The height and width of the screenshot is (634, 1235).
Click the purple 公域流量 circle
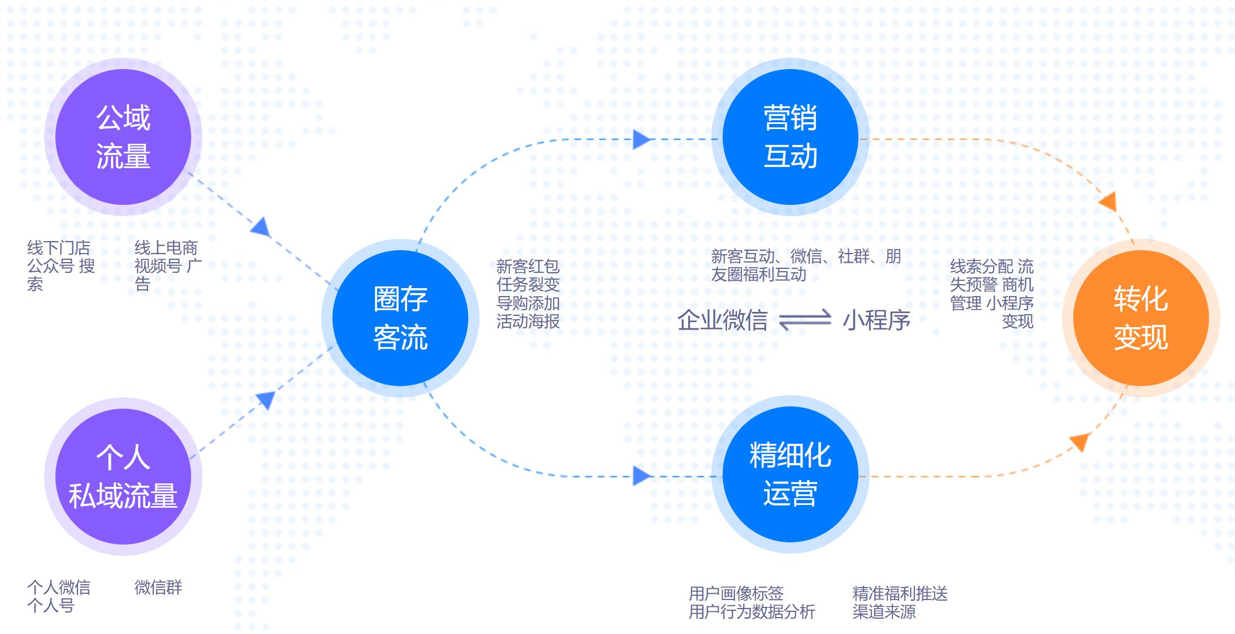pyautogui.click(x=123, y=137)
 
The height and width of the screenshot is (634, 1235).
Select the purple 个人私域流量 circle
pyautogui.click(x=123, y=477)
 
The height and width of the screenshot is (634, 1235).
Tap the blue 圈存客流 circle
pyautogui.click(x=400, y=318)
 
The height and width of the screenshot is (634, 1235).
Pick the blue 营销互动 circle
pyautogui.click(x=791, y=137)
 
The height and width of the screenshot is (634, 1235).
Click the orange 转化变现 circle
pyautogui.click(x=1141, y=318)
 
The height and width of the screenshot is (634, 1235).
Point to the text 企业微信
pyautogui.click(x=722, y=320)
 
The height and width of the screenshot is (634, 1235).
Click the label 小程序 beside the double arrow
pyautogui.click(x=876, y=320)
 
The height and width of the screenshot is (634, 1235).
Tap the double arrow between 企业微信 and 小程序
pyautogui.click(x=805, y=320)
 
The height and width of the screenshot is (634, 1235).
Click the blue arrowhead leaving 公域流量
pyautogui.click(x=261, y=227)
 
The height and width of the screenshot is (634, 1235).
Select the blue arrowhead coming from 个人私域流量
pyautogui.click(x=266, y=400)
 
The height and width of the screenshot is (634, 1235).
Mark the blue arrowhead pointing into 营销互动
pyautogui.click(x=642, y=139)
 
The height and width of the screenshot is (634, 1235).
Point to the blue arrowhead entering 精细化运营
pyautogui.click(x=642, y=476)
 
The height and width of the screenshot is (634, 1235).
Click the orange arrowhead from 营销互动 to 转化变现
pyautogui.click(x=1108, y=202)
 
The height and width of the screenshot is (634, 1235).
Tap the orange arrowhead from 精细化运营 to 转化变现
pyautogui.click(x=1081, y=441)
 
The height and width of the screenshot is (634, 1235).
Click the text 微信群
pyautogui.click(x=158, y=588)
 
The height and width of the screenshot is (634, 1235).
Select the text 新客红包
pyautogui.click(x=528, y=266)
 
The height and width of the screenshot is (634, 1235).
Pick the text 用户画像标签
pyautogui.click(x=736, y=593)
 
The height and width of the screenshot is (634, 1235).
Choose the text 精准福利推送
pyautogui.click(x=900, y=593)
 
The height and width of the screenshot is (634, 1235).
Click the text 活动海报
pyautogui.click(x=528, y=322)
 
